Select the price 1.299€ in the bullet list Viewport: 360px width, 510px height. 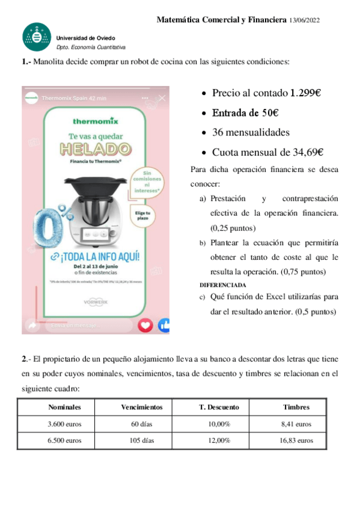[x=305, y=93]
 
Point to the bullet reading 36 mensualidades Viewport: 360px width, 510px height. [x=251, y=132]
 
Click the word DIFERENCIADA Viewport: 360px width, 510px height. [x=222, y=284]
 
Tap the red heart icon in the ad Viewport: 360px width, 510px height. [x=145, y=325]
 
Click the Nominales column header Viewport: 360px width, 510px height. [x=64, y=407]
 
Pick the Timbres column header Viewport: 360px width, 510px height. [x=296, y=407]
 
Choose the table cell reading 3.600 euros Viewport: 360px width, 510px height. [x=64, y=424]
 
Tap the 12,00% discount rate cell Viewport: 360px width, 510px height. [x=219, y=440]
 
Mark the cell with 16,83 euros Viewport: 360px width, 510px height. [x=296, y=440]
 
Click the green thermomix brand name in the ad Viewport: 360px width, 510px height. [x=96, y=120]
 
